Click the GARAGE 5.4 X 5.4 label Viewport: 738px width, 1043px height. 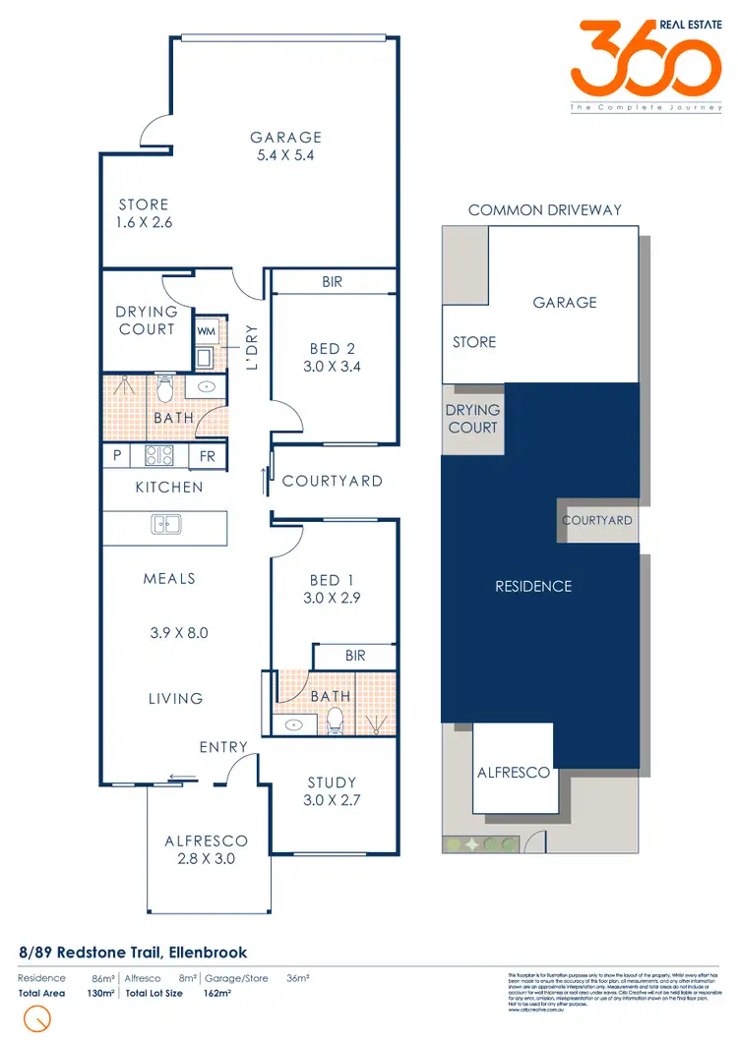coord(285,146)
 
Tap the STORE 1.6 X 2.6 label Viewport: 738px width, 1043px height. coord(144,213)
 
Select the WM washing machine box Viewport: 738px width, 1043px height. coord(206,331)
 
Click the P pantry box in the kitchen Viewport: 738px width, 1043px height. coord(117,457)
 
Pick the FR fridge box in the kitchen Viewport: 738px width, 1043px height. coord(208,457)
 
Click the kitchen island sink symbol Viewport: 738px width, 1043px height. coord(164,524)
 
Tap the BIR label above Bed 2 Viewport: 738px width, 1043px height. coord(333,282)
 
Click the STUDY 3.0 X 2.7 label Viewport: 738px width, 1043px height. coord(333,791)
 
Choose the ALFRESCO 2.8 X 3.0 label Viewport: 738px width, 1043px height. coord(206,849)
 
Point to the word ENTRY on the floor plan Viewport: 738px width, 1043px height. coord(223,748)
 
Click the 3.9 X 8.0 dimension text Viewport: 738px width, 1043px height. coord(179,633)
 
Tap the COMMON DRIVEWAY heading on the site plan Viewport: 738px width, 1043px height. coord(545,210)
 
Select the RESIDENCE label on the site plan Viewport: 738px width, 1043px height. coord(533,587)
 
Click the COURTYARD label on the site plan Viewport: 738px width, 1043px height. coord(597,520)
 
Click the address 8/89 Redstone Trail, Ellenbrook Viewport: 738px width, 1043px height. coord(133,953)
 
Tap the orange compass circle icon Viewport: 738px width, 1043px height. coord(37,1018)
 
